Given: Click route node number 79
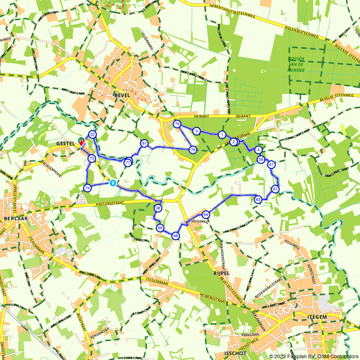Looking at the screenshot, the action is coord(177,124).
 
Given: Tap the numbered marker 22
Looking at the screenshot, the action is coord(93,135).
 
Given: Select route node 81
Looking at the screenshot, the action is coord(144,144).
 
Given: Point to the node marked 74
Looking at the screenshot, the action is coord(87,188).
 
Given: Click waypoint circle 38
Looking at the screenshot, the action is coord(158,208).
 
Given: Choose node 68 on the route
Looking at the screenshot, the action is coord(176,236).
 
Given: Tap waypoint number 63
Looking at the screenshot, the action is coord(258,199).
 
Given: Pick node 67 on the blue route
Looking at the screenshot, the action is coord(275,189).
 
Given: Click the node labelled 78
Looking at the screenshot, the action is coord(193,150).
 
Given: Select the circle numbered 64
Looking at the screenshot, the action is coord(206,215).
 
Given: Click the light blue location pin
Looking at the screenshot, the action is coord(113,183).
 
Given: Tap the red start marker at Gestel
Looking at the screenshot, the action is coord(82,141).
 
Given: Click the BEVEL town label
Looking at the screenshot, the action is coord(121,95).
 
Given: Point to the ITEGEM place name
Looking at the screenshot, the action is coord(317,317).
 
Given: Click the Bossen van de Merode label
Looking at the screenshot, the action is coord(296,64).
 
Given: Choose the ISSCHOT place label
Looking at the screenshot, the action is coord(235,353).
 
